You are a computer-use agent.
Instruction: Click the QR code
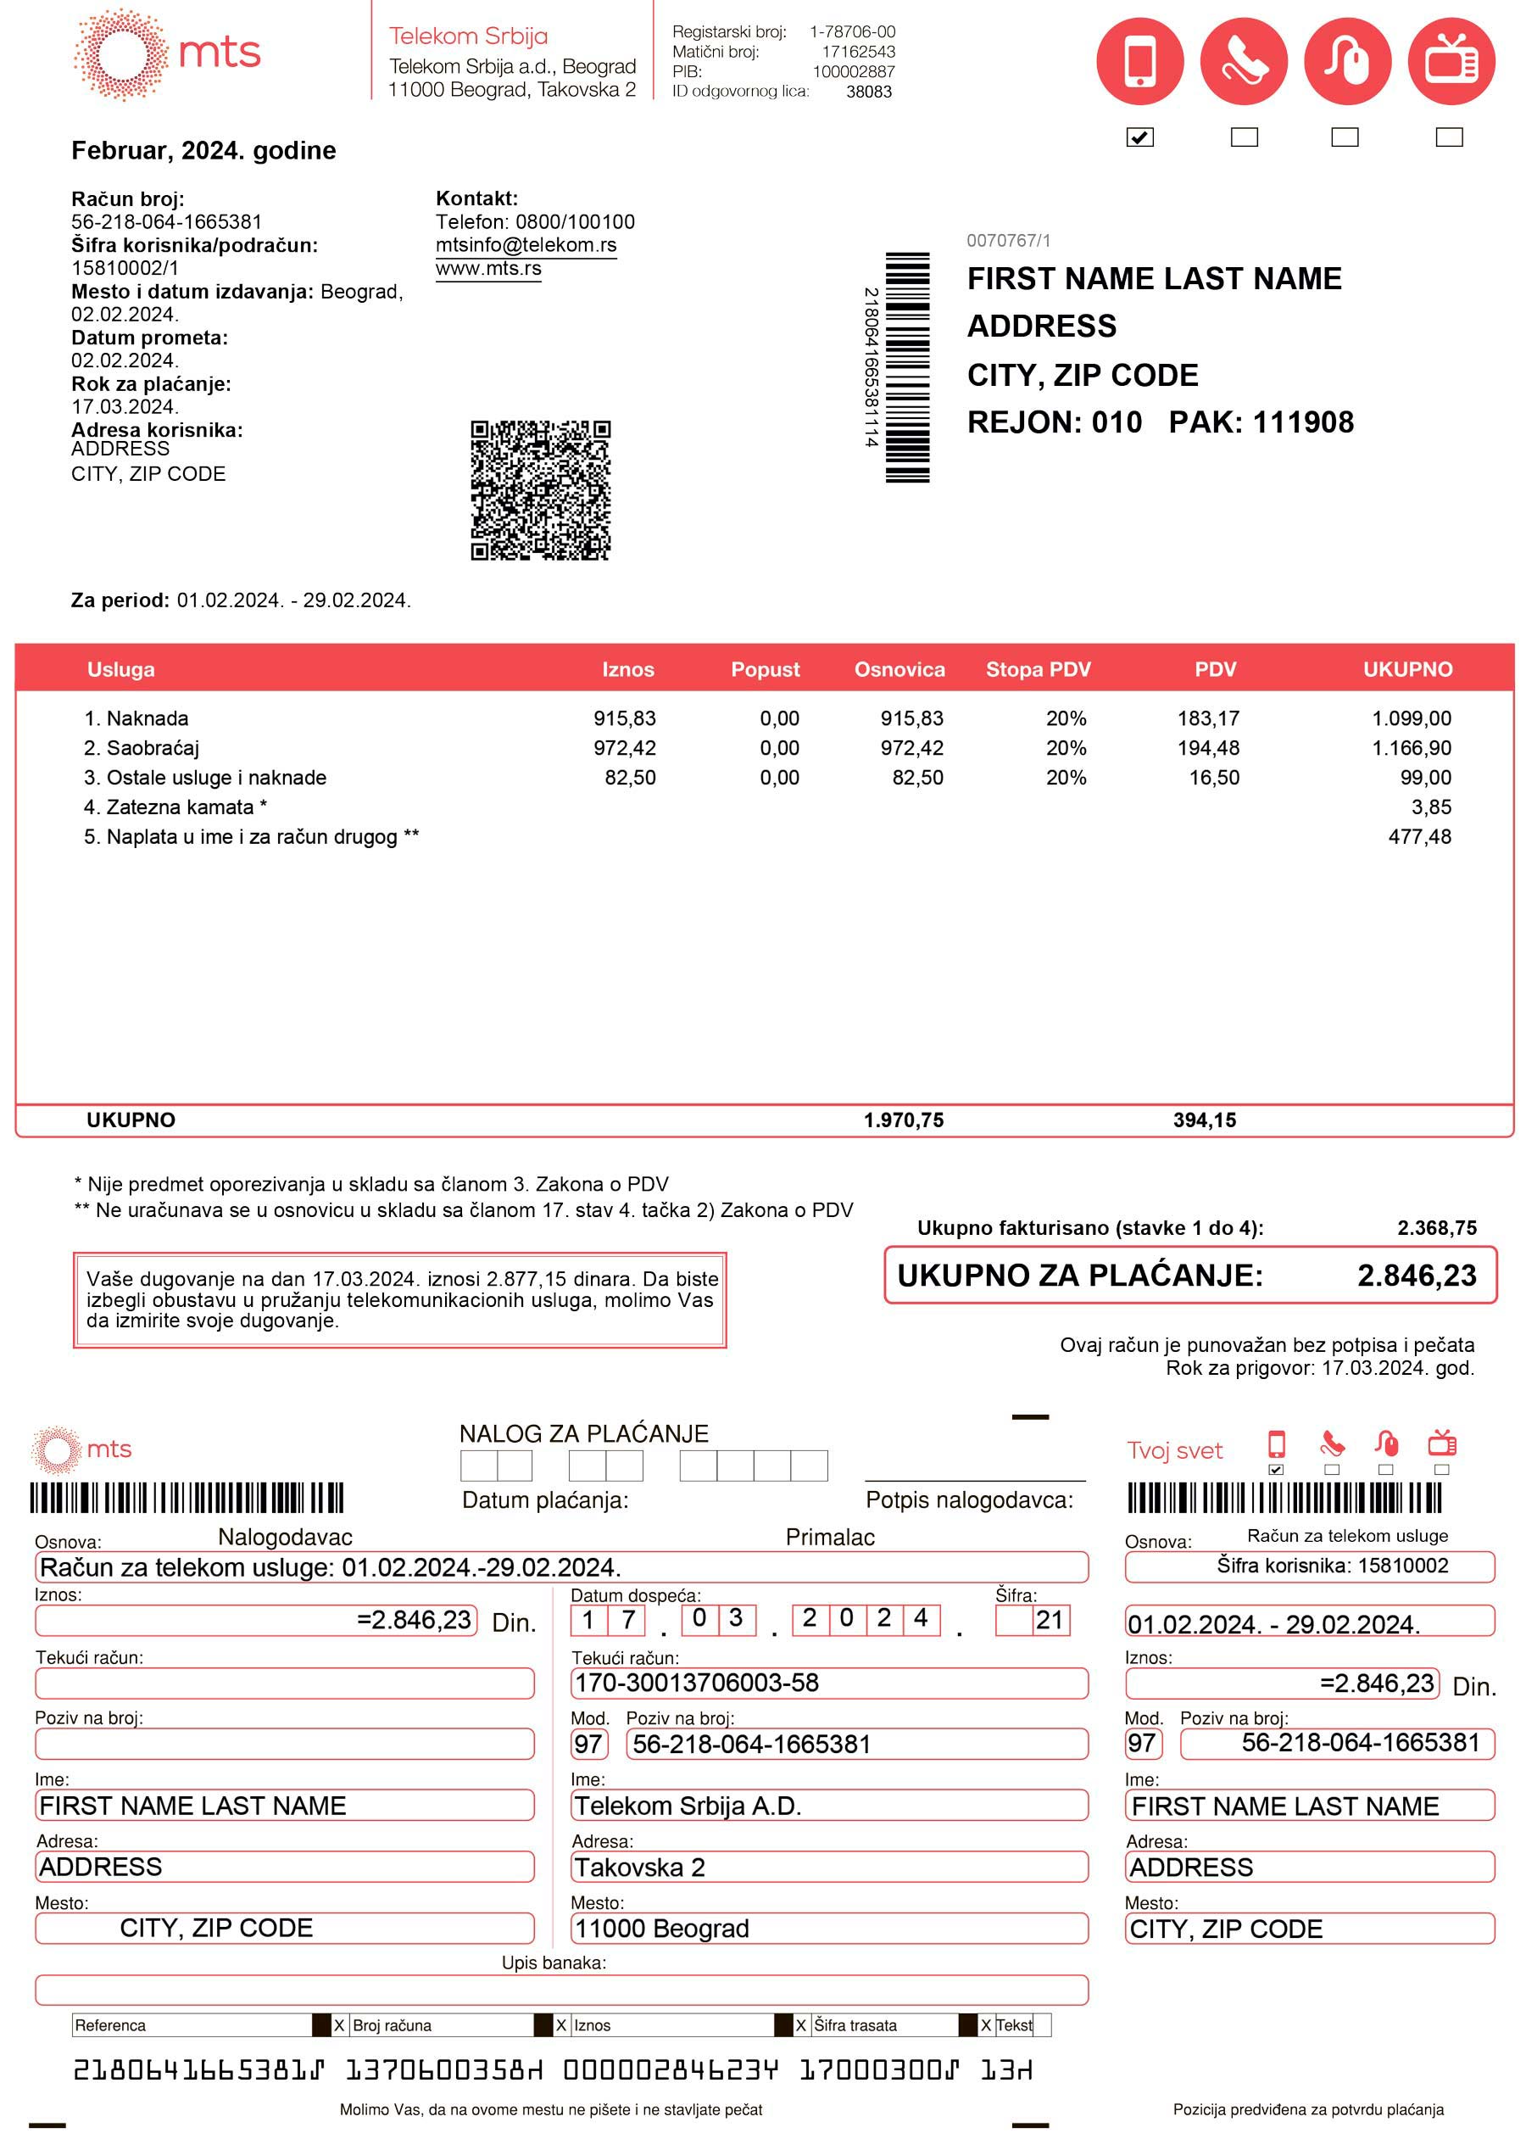[x=540, y=489]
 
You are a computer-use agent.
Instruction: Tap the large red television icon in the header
[x=1450, y=61]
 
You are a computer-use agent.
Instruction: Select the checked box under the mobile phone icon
[x=1139, y=137]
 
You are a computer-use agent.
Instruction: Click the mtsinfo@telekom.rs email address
[x=526, y=245]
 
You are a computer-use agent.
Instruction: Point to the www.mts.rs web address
[x=487, y=269]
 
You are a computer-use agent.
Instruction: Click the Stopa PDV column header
[x=1038, y=669]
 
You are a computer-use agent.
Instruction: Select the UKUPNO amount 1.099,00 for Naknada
[x=1411, y=718]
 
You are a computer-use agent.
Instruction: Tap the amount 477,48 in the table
[x=1419, y=836]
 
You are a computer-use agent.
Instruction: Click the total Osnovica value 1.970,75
[x=903, y=1120]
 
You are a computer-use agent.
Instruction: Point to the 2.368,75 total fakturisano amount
[x=1436, y=1228]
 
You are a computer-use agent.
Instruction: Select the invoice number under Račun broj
[x=166, y=222]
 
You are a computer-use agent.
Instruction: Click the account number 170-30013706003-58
[x=696, y=1683]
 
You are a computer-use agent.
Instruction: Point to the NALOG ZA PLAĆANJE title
[x=583, y=1433]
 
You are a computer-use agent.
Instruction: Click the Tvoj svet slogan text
[x=1173, y=1450]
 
